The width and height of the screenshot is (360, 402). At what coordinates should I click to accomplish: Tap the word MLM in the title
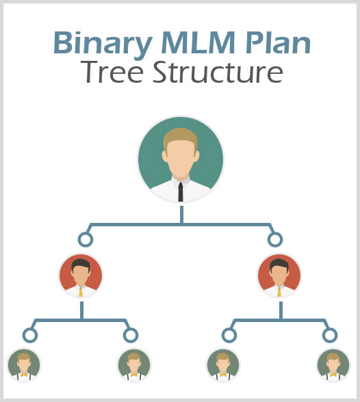(x=198, y=42)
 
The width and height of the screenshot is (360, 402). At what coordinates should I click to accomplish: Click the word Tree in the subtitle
(x=112, y=72)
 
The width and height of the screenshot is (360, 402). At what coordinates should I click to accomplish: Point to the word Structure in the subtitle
(x=218, y=72)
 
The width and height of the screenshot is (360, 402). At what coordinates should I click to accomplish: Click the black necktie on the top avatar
(x=181, y=191)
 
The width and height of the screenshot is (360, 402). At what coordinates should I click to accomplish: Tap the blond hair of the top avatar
(x=181, y=138)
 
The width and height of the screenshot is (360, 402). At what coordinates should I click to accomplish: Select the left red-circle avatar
(x=81, y=276)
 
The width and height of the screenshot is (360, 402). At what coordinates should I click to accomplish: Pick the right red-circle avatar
(x=279, y=276)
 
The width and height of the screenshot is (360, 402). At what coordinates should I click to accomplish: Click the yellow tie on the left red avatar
(x=81, y=292)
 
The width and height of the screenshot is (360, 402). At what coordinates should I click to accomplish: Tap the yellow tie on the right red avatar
(x=279, y=292)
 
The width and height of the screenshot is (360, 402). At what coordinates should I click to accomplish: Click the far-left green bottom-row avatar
(x=24, y=365)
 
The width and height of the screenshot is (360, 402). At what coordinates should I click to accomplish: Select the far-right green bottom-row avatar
(x=333, y=365)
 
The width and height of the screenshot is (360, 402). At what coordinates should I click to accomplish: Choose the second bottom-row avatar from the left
(x=134, y=365)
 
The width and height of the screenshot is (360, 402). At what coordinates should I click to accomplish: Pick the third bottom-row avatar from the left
(x=223, y=365)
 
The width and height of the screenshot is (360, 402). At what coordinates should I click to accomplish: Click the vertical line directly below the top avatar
(x=181, y=215)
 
